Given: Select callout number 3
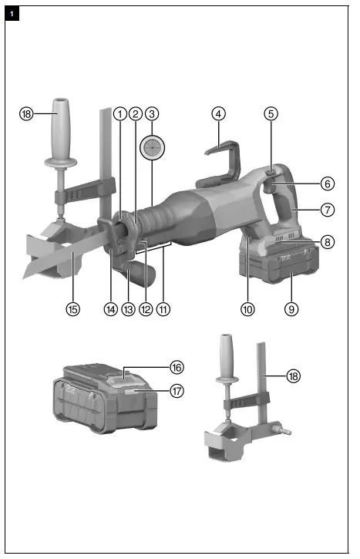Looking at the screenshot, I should pos(153,113).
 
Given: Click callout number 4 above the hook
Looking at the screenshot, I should pos(219,113).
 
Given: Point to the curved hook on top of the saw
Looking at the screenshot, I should pos(220,158).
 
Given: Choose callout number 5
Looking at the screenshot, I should pos(271,113).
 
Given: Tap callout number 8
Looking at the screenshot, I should pos(327,241).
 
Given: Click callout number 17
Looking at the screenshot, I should pos(176,391).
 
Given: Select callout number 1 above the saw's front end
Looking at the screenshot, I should pos(119,113).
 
